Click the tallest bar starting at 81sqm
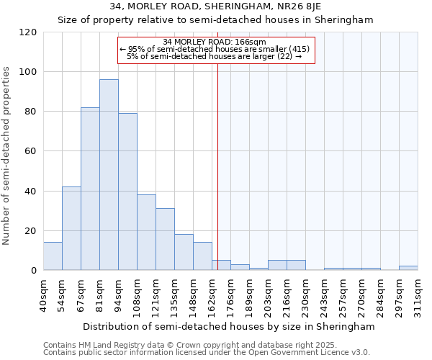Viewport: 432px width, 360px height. tap(109, 175)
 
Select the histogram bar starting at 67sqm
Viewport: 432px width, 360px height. tap(90, 189)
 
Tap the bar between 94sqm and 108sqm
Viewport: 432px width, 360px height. tap(127, 192)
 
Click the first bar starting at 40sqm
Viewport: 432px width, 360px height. tap(53, 256)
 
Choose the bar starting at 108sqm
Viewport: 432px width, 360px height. tap(146, 232)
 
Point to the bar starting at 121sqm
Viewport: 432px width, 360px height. tap(165, 239)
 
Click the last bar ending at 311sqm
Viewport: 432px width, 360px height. tap(408, 268)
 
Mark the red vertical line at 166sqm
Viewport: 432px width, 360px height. tap(217, 166)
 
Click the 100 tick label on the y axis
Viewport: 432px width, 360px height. tap(29, 72)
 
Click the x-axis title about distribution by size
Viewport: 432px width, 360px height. tap(229, 326)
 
